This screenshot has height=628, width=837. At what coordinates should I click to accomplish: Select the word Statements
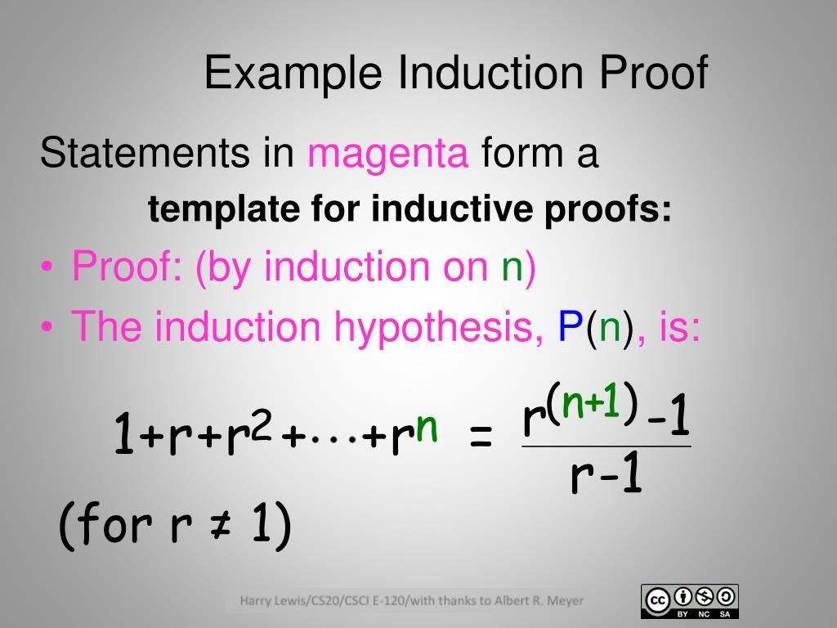[145, 154]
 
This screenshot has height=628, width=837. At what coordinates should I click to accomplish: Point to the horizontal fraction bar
[606, 446]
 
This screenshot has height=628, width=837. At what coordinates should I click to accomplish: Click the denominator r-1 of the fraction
[606, 478]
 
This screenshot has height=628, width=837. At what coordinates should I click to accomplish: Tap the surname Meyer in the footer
[566, 602]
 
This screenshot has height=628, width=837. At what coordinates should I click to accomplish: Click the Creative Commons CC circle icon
[657, 600]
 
